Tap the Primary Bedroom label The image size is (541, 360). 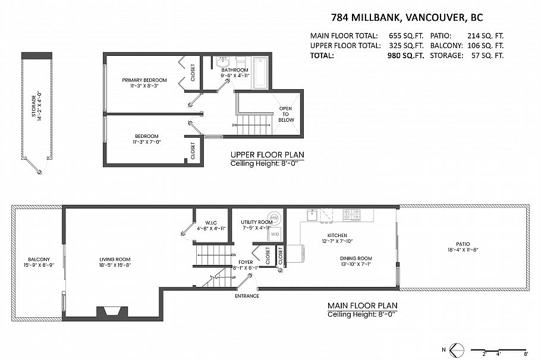[x=144, y=80]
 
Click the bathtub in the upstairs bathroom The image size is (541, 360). [x=260, y=72]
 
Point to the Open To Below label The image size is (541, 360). [x=287, y=114]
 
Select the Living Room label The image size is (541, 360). [x=115, y=259]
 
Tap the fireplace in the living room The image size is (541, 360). [x=112, y=312]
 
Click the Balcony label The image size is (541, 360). [x=37, y=259]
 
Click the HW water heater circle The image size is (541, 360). [x=274, y=217]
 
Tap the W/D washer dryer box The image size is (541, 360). [x=275, y=235]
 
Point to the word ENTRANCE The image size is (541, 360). [x=247, y=296]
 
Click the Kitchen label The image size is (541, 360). [x=320, y=235]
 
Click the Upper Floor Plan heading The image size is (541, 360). [x=267, y=154]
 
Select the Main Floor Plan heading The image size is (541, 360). [x=362, y=306]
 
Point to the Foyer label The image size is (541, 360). [x=246, y=261]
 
